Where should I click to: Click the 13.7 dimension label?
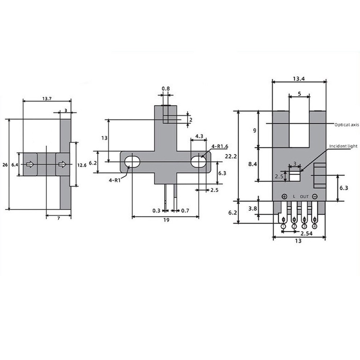pos(47,99)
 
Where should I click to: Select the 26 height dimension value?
pos(5,165)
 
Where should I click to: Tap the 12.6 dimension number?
pos(82,165)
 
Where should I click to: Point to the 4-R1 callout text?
pos(115,180)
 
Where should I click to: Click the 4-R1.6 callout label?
pos(220,146)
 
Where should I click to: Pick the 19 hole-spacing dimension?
pos(166,220)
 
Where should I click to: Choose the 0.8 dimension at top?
pos(165,88)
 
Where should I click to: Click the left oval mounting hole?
pos(132,162)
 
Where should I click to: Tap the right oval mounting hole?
pos(199,162)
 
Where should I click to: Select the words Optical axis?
pos(346,125)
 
